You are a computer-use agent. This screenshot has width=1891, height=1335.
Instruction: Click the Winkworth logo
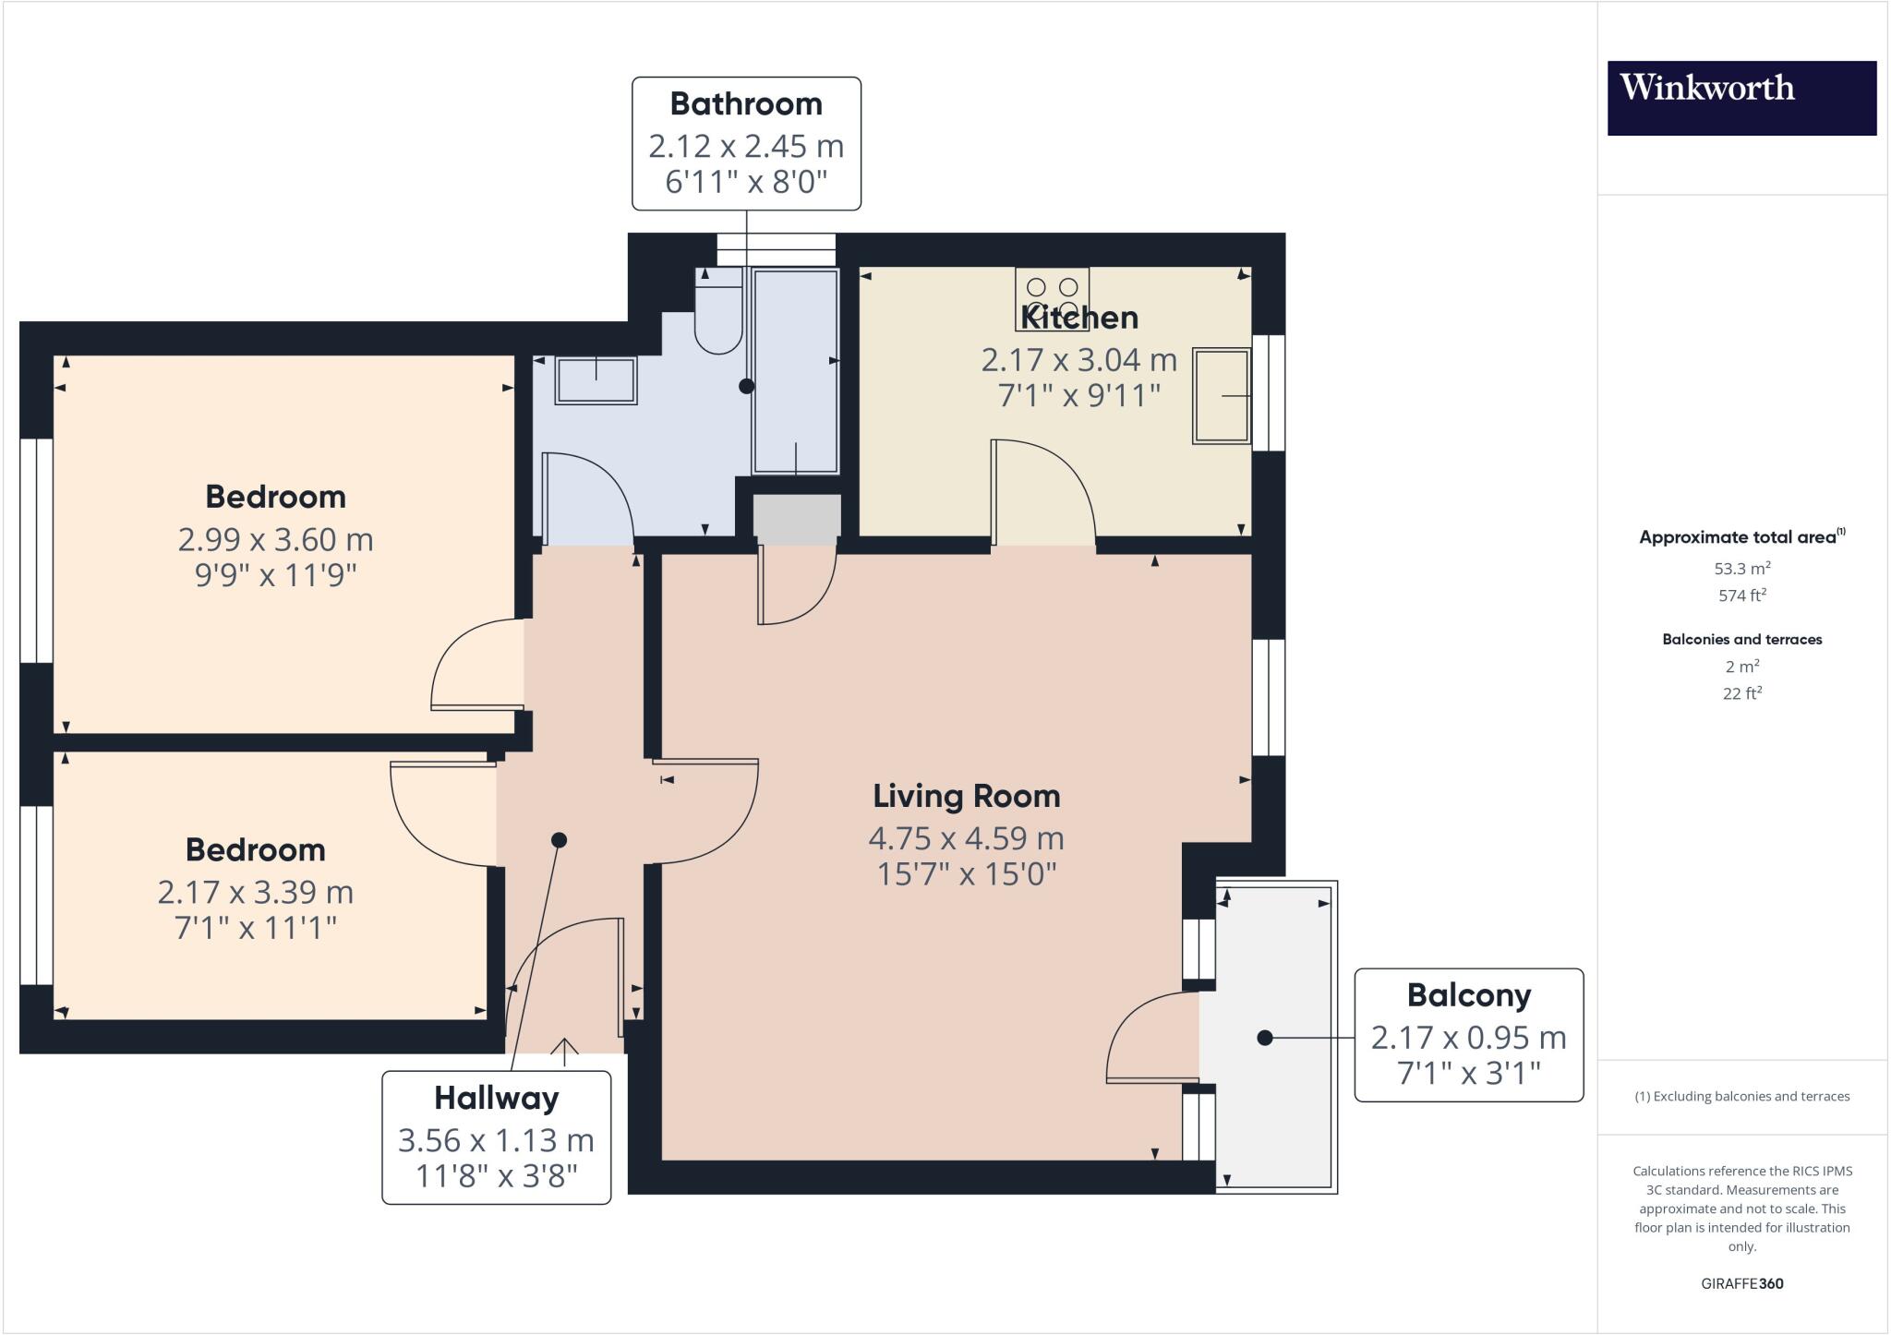click(1741, 98)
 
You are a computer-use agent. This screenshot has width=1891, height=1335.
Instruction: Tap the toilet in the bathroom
click(718, 319)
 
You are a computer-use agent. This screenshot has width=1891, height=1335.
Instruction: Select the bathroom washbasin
click(596, 380)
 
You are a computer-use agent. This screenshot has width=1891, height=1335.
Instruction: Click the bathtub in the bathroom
click(796, 371)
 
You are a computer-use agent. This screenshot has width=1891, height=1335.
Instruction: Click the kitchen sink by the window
click(1221, 395)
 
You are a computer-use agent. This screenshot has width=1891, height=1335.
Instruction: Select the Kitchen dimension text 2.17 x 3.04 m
click(1078, 358)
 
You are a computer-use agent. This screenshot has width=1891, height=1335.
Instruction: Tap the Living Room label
click(966, 796)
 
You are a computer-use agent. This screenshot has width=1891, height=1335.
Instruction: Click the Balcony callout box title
click(1468, 995)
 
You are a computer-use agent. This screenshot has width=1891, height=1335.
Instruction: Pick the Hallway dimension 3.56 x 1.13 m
click(496, 1140)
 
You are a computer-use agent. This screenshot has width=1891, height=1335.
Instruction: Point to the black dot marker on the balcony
click(1265, 1038)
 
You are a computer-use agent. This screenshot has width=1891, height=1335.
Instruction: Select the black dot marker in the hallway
click(559, 840)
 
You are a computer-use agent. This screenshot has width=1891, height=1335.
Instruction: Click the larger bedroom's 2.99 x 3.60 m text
click(275, 539)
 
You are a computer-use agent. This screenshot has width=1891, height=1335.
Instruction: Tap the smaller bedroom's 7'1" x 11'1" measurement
click(256, 927)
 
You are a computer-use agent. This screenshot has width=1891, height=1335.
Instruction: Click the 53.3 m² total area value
click(1741, 569)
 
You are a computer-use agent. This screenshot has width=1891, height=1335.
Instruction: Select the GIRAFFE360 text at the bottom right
click(1741, 1283)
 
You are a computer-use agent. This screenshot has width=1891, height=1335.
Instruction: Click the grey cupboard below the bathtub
click(797, 517)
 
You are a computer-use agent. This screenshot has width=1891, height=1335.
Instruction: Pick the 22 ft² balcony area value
click(1741, 693)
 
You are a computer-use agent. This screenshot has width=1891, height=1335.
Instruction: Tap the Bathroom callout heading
click(746, 104)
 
